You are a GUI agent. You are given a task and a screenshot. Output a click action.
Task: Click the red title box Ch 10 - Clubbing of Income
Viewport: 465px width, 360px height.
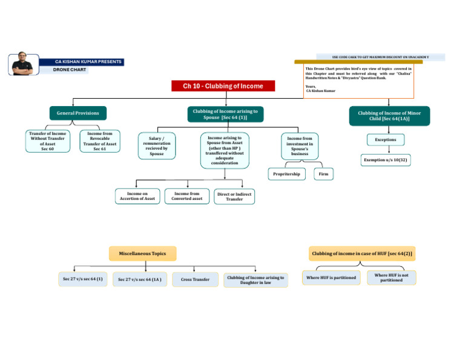tap(223, 86)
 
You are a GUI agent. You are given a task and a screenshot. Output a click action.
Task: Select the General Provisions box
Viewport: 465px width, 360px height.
tap(78, 113)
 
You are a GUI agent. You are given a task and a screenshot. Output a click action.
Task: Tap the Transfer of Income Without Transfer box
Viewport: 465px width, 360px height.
tap(48, 141)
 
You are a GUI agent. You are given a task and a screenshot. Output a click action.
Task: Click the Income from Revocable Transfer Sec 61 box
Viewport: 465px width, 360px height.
tap(100, 141)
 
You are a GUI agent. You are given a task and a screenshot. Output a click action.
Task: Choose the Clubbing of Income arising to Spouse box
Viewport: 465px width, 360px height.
tap(225, 114)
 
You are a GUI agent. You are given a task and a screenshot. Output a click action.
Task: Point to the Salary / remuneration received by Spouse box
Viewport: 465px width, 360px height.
tap(156, 146)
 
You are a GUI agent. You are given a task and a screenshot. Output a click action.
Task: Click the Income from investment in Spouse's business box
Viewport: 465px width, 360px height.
tap(300, 146)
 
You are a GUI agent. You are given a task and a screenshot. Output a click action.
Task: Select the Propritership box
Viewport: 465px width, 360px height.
tap(287, 174)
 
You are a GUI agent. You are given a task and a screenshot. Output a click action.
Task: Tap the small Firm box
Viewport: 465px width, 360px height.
tap(324, 174)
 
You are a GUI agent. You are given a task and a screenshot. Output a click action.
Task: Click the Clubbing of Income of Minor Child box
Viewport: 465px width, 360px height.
tap(389, 116)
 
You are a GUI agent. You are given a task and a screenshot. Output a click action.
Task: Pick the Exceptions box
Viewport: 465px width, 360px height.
tap(385, 140)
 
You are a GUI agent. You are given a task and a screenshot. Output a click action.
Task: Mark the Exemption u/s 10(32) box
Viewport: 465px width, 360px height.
tap(385, 160)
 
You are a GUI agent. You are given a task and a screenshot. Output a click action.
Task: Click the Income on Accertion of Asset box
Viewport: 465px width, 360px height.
tap(137, 196)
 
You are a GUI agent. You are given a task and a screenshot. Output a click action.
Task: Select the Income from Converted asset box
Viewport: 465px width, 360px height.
tap(188, 196)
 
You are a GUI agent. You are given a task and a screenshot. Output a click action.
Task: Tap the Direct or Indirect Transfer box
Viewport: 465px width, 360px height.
tap(234, 196)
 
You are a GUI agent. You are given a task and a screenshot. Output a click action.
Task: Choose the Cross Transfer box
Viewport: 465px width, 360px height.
tap(194, 279)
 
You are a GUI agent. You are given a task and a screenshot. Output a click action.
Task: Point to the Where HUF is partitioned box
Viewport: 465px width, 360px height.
tap(331, 278)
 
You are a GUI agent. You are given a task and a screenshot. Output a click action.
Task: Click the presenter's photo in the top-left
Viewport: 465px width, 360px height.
tap(24, 64)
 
